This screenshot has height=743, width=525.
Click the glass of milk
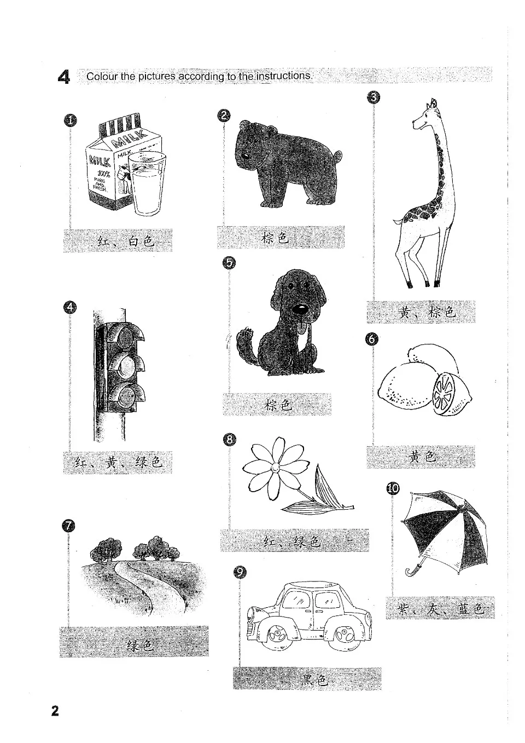[x=146, y=186]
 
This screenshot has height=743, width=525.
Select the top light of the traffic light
[x=127, y=334]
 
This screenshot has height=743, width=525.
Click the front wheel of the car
[x=276, y=635]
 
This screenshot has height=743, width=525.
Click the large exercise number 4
[x=63, y=77]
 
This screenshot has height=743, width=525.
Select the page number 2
[x=54, y=711]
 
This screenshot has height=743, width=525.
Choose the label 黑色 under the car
[x=314, y=680]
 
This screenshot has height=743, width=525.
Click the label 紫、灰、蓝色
[x=441, y=609]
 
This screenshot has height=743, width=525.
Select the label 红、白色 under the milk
[x=125, y=241]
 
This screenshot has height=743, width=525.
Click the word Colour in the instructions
[x=102, y=76]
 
